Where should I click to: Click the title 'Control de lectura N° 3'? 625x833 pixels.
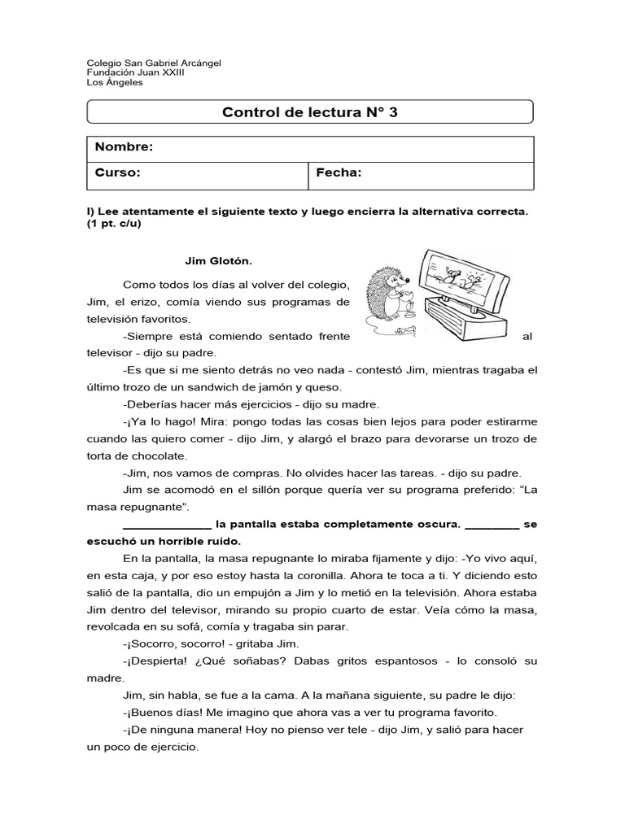pos(310,111)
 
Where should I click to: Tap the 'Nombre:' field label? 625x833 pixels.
pos(124,147)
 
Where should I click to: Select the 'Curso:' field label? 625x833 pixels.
pos(118,172)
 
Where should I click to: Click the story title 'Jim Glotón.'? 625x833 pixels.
pos(219,261)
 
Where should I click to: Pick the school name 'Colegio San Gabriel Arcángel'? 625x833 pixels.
pos(153,63)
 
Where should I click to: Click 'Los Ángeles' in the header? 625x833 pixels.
pos(114,82)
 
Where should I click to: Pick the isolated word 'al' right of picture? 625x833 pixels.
pos(527,335)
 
